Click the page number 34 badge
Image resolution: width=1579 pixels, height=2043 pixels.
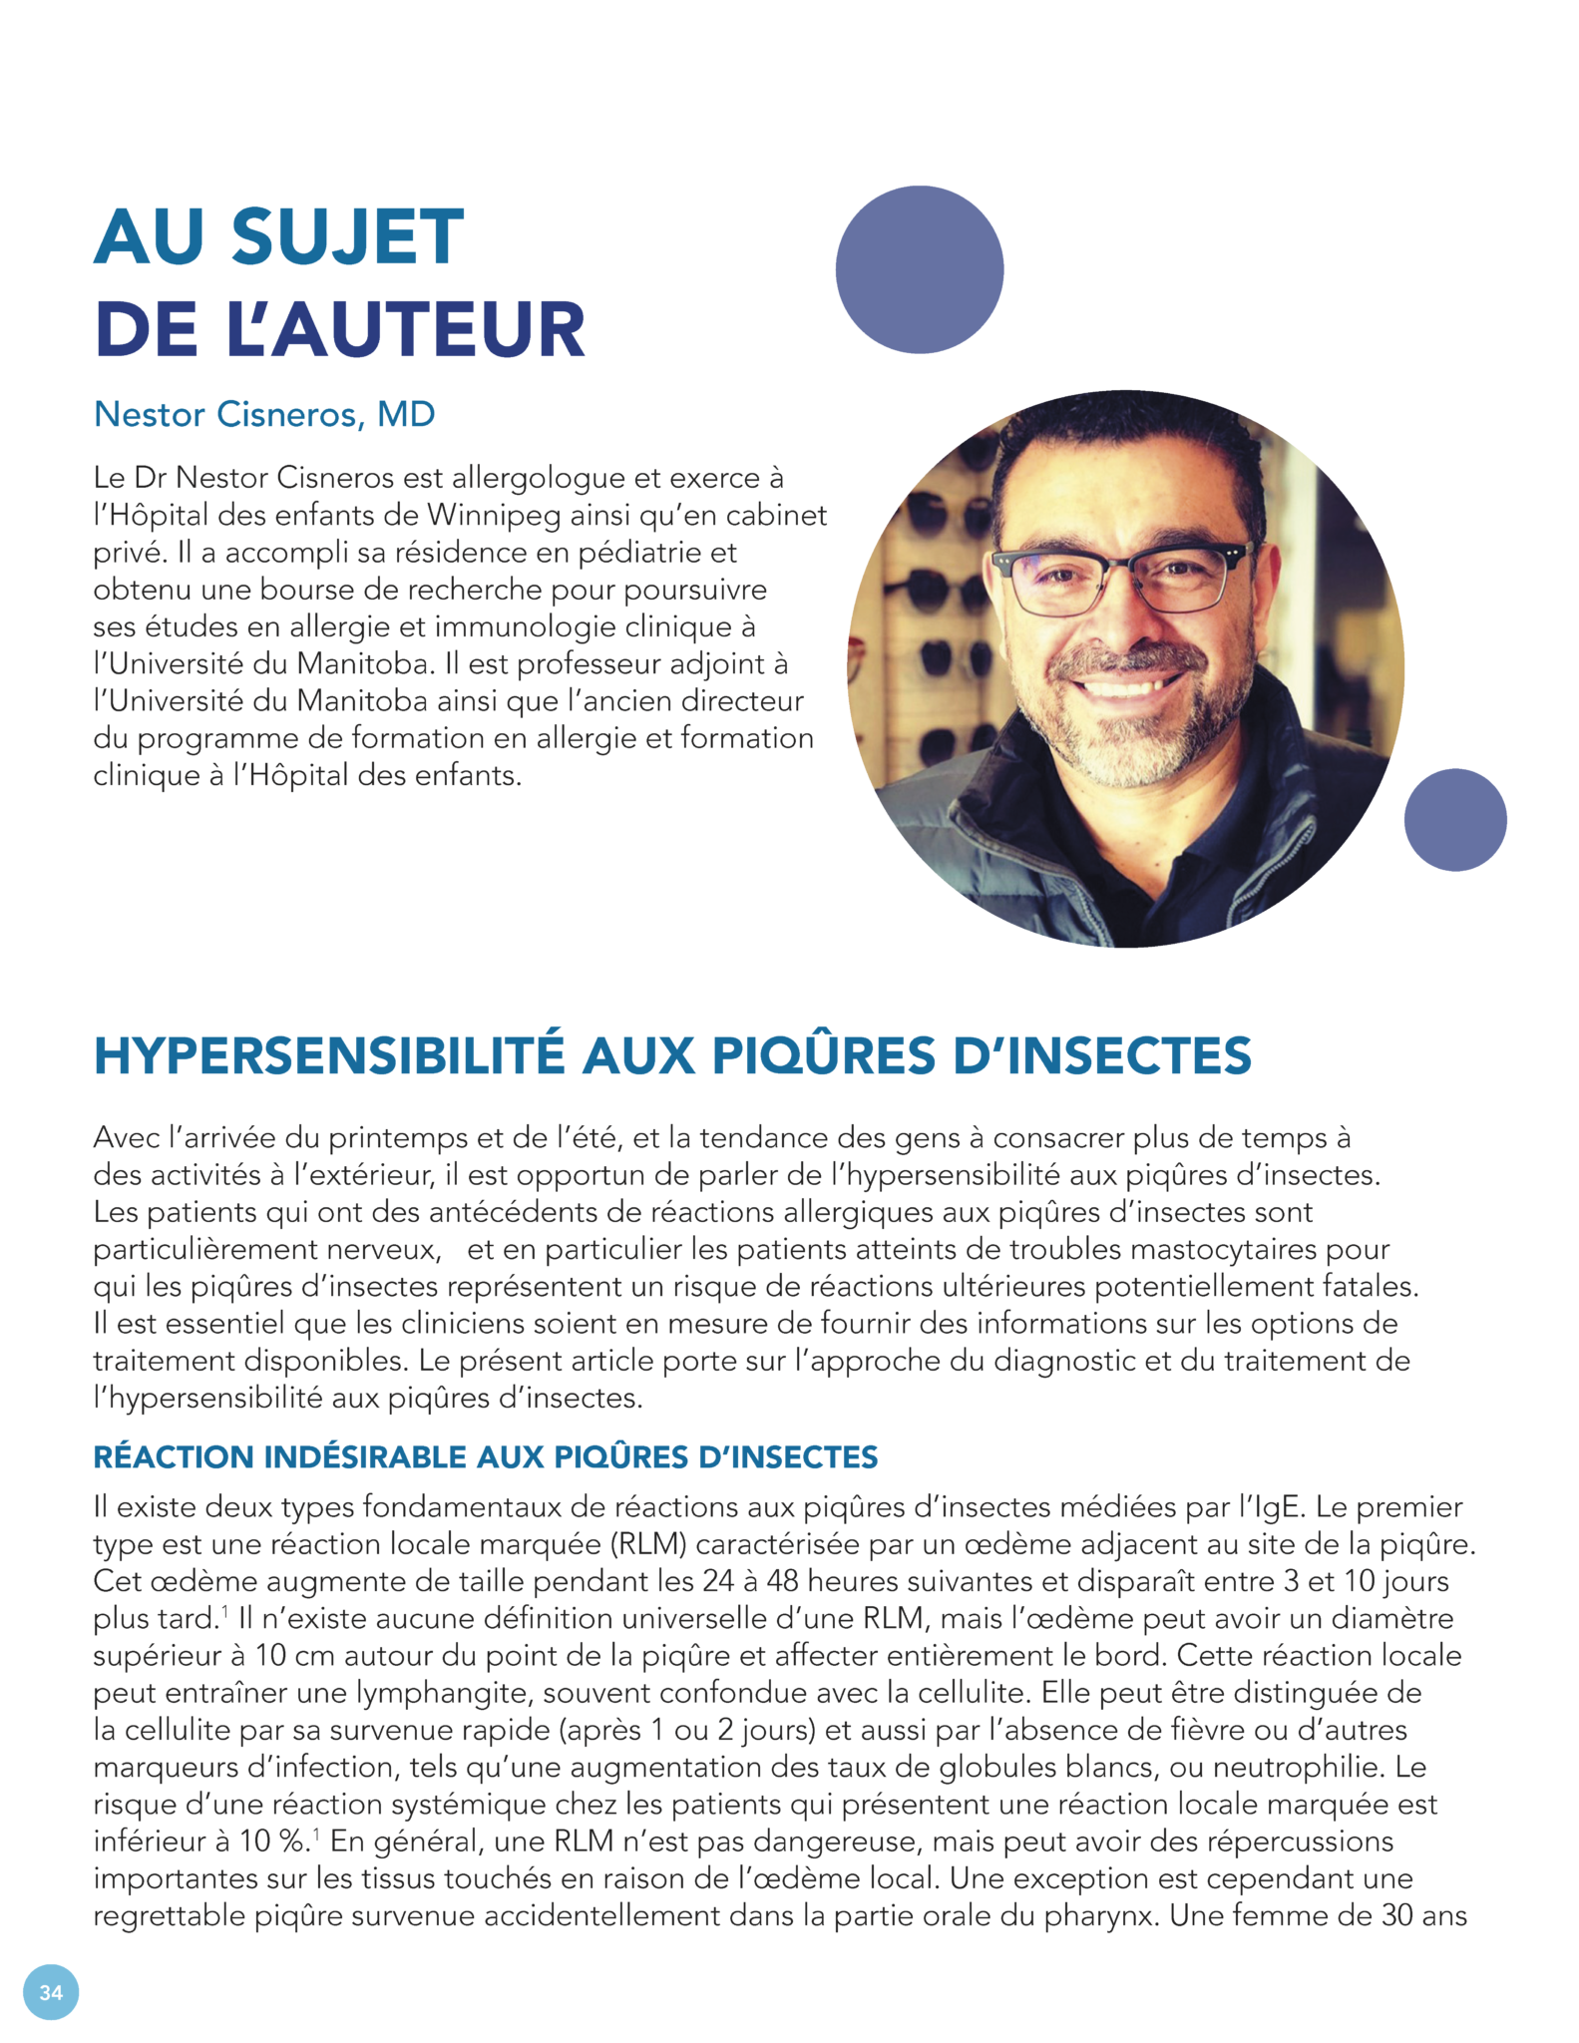point(51,1991)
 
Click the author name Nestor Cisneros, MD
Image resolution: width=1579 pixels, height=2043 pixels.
point(264,414)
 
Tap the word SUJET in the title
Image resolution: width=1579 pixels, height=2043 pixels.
point(347,237)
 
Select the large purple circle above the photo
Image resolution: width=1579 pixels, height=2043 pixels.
point(920,269)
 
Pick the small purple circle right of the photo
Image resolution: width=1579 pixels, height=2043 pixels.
point(1455,819)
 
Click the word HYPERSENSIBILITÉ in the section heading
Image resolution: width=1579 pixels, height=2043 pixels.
point(329,1056)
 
